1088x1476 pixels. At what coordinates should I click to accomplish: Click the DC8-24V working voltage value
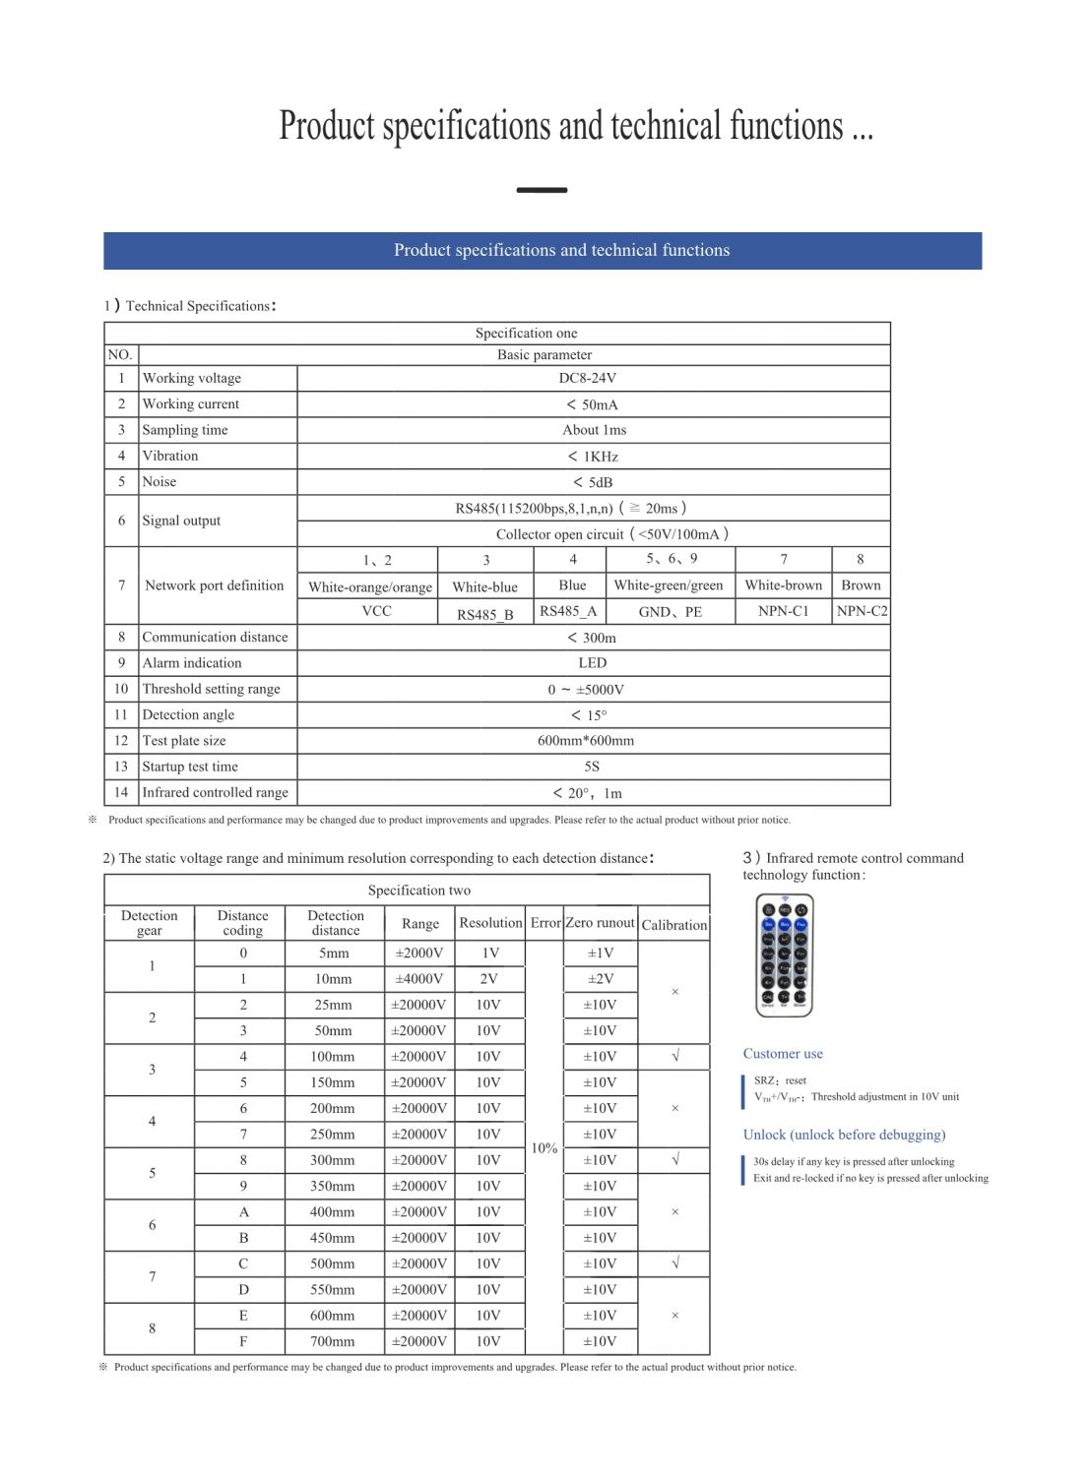click(x=588, y=378)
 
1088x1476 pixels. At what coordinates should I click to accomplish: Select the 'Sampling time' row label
click(x=185, y=430)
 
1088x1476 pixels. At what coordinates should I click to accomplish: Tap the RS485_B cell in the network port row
click(x=484, y=613)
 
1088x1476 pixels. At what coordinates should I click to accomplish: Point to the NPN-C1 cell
click(x=784, y=611)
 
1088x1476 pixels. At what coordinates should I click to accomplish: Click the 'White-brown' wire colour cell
click(x=784, y=585)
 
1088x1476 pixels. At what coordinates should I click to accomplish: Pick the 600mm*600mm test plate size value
click(x=586, y=740)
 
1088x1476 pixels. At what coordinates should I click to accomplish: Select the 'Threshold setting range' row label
click(x=211, y=689)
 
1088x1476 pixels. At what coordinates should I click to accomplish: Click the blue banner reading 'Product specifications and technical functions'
click(x=543, y=251)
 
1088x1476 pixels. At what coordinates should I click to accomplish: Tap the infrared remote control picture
click(x=784, y=954)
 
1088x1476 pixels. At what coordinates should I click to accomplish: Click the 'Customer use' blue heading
click(x=783, y=1054)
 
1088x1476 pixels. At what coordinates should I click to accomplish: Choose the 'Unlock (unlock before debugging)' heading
click(x=844, y=1135)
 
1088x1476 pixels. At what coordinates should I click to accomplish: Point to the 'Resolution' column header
click(x=490, y=923)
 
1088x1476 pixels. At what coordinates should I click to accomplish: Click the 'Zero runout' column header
click(x=600, y=923)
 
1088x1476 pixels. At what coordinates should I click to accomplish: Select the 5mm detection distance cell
click(x=334, y=953)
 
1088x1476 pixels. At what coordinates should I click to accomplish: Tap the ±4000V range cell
click(x=419, y=979)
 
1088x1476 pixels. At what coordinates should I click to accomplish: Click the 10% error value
click(x=544, y=1148)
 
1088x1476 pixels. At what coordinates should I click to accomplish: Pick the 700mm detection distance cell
click(x=333, y=1341)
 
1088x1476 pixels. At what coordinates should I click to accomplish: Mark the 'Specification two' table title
click(x=419, y=891)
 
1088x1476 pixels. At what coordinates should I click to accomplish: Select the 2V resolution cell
click(x=488, y=979)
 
